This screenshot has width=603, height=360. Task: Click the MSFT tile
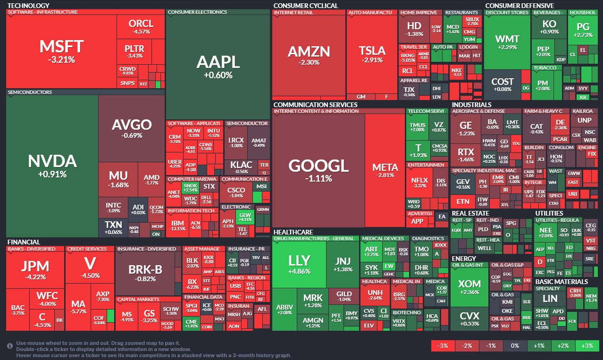point(61,51)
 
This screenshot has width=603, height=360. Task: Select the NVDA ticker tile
point(52,165)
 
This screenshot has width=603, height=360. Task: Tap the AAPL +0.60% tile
point(218,66)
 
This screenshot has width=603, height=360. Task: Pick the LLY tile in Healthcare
point(299,264)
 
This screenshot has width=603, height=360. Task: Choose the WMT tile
point(507,42)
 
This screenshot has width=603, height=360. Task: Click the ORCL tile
point(141,26)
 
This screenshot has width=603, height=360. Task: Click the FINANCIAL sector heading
point(24,242)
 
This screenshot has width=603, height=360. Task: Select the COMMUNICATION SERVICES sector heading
point(315,105)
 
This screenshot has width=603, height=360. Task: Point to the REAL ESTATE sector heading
point(470,213)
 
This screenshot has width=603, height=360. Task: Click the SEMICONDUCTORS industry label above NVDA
point(30,92)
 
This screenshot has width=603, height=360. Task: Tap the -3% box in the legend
point(443,346)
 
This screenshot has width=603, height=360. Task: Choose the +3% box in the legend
point(587,346)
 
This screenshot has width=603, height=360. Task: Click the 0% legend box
point(515,346)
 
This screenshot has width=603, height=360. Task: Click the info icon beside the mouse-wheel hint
point(10,346)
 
